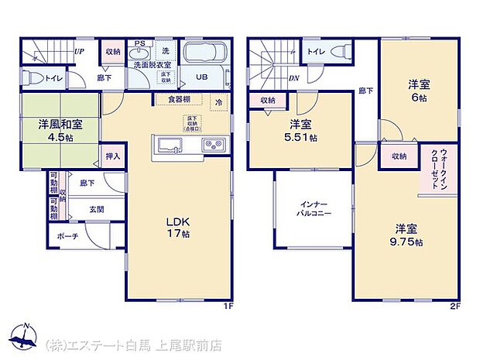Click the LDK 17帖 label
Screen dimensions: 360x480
click(x=178, y=225)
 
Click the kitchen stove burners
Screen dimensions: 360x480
click(x=212, y=145)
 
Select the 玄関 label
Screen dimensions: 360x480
click(x=95, y=209)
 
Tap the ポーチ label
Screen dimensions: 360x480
click(x=67, y=236)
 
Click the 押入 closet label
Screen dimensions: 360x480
click(x=113, y=156)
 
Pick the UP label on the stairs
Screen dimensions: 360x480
click(x=79, y=52)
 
